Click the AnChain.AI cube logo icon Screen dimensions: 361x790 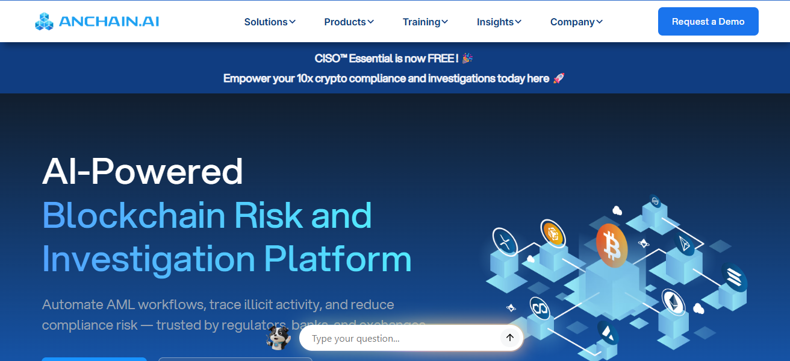[44, 22]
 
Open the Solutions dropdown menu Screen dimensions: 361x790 [270, 22]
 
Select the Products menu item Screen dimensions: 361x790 [349, 22]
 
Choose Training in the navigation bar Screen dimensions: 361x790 [425, 22]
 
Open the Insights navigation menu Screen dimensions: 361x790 [499, 22]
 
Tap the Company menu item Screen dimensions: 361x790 [576, 22]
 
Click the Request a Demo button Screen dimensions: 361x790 [708, 22]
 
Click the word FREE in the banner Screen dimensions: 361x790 [441, 58]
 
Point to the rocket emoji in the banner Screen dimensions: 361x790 [558, 78]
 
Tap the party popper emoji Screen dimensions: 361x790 [467, 58]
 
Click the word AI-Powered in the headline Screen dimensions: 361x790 [143, 171]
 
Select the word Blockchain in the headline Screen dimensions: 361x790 [133, 215]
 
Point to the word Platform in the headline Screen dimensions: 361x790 [338, 259]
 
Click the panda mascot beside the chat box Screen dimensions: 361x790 [278, 337]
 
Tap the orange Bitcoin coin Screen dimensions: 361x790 [612, 244]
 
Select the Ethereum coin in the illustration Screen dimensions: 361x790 [673, 301]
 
